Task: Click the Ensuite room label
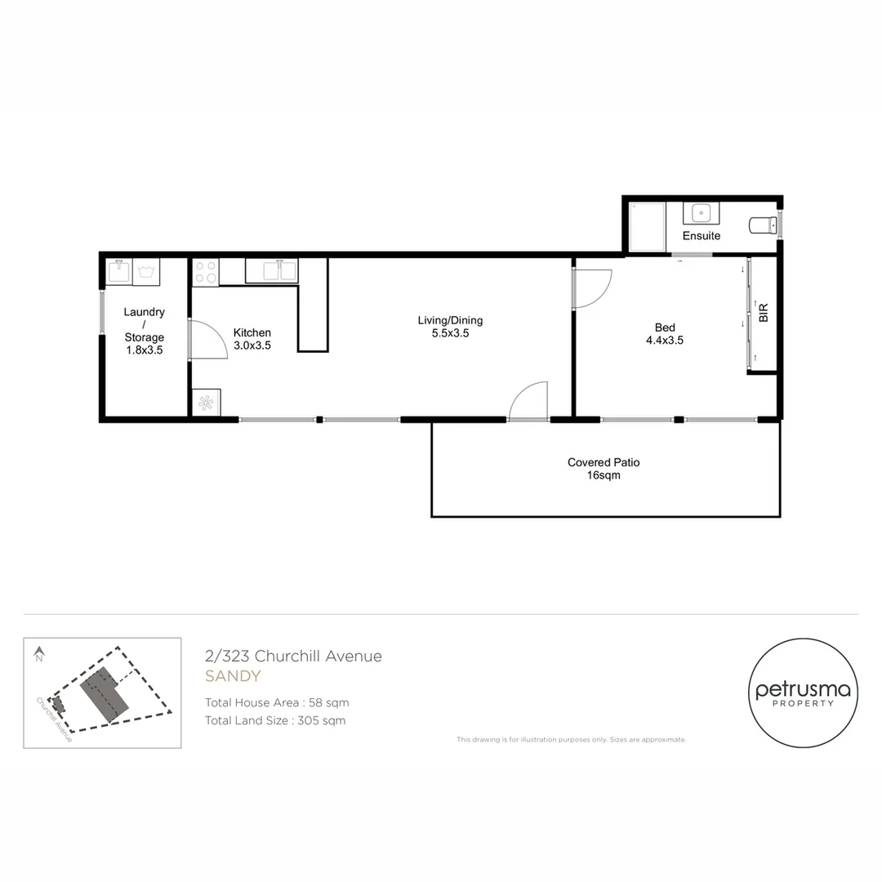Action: tap(701, 236)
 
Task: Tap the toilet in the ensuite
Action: tap(764, 225)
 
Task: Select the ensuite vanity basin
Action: tap(701, 213)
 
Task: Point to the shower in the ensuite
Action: tap(647, 226)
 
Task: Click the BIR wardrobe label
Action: tap(764, 313)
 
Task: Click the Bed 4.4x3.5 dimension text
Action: tap(664, 340)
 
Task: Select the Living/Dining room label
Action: tap(450, 320)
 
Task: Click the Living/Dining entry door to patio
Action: tap(528, 400)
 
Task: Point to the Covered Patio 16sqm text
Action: tap(604, 469)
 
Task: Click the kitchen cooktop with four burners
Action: tap(206, 272)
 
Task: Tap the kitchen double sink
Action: tap(272, 270)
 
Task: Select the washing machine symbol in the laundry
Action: tap(146, 272)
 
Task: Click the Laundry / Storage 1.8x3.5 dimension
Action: tap(144, 350)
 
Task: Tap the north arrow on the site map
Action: tap(39, 653)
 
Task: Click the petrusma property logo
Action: tap(803, 693)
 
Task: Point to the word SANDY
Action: tap(233, 676)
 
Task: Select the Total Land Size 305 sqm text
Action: tap(275, 720)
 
